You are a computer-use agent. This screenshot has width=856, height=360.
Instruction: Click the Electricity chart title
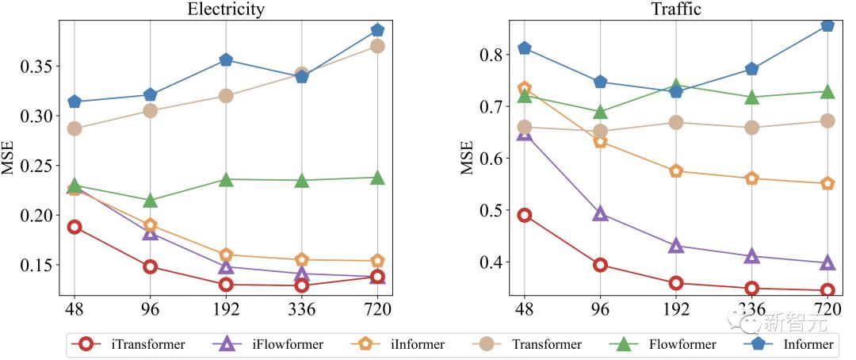[225, 10]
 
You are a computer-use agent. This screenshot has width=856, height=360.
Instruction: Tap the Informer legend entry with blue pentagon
[793, 344]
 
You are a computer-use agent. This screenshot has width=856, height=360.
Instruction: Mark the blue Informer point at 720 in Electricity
[377, 30]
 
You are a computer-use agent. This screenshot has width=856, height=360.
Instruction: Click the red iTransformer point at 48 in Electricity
[75, 227]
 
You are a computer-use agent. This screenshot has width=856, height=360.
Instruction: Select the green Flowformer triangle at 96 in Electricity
[150, 201]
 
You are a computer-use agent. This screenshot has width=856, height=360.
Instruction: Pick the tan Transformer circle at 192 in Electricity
[226, 96]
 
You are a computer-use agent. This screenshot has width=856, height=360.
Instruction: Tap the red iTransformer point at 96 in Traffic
[600, 265]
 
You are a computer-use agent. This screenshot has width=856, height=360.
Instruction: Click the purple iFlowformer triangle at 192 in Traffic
[676, 246]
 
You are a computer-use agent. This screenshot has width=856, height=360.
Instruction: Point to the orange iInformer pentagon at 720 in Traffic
[827, 183]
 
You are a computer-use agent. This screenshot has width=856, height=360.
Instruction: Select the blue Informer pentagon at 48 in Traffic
[524, 48]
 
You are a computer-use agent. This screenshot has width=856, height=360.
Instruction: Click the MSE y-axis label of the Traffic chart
[467, 157]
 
